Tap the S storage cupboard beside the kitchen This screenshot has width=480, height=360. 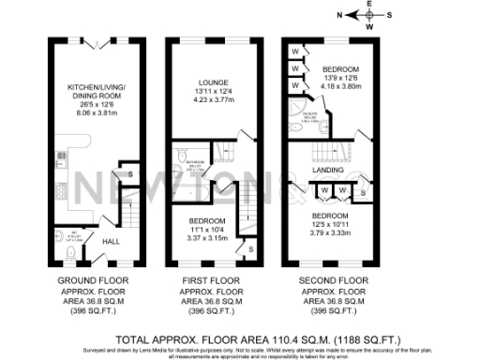[x=129, y=174]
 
